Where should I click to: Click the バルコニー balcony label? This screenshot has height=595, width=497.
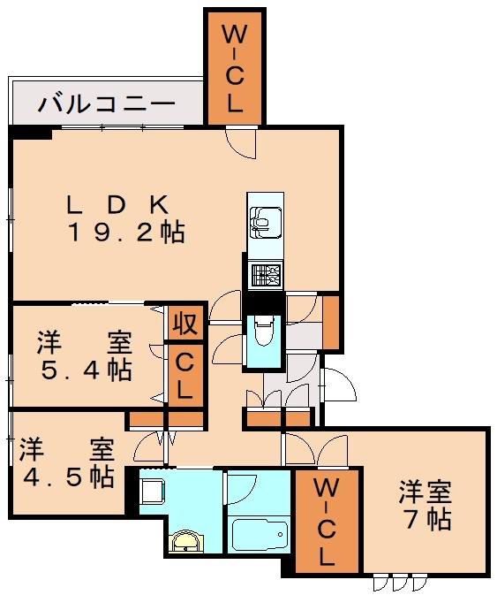(x=107, y=103)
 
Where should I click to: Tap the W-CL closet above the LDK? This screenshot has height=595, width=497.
(x=235, y=68)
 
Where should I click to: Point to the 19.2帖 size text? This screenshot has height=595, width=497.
(x=126, y=233)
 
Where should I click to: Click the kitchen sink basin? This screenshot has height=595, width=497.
(x=266, y=223)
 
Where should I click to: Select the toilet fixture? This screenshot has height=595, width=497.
(x=264, y=334)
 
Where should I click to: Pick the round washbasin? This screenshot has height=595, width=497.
(x=188, y=541)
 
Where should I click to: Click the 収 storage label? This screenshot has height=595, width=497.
(x=186, y=324)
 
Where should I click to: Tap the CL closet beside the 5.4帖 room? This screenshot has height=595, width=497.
(x=185, y=375)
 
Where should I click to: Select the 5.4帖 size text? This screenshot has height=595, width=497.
(x=87, y=370)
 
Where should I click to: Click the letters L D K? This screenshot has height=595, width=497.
(x=117, y=205)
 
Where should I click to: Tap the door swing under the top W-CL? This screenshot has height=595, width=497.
(x=241, y=143)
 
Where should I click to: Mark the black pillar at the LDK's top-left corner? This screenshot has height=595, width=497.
(x=30, y=134)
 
